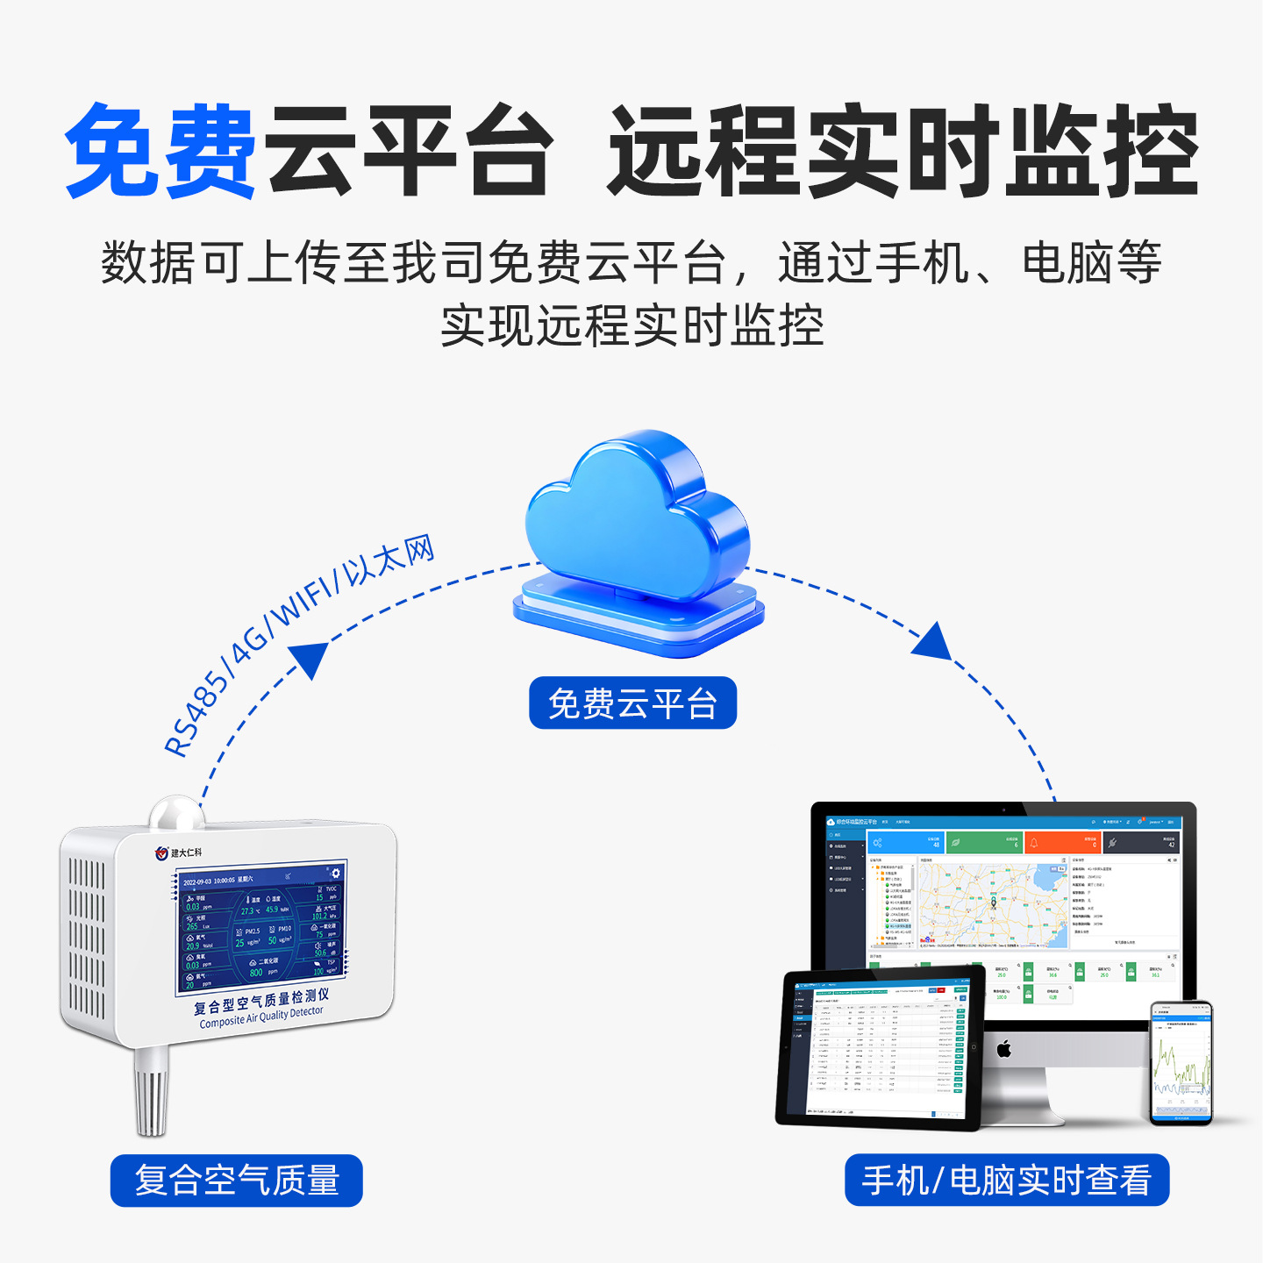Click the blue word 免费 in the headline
click(161, 151)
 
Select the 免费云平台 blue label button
click(632, 703)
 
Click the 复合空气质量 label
click(236, 1181)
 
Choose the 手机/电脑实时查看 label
click(1006, 1181)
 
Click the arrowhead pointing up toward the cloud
click(309, 658)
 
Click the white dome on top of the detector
click(176, 813)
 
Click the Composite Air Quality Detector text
click(261, 1017)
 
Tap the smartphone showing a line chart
click(1181, 1063)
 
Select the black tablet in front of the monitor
click(879, 1047)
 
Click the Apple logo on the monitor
click(1004, 1048)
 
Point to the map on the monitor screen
click(992, 904)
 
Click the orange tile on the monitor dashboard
click(1061, 843)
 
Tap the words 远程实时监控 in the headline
click(903, 151)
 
